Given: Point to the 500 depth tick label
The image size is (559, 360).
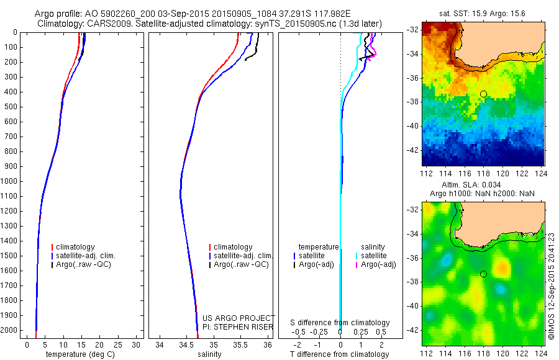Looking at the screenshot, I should [11, 107].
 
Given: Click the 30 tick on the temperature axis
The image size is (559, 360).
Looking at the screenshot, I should [136, 344].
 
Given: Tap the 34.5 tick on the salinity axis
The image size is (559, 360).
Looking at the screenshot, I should [186, 344].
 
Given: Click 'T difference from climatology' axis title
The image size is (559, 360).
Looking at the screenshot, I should [339, 354].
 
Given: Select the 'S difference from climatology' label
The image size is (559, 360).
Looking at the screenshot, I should [340, 323].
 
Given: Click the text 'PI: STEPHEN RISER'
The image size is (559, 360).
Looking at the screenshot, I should [237, 327].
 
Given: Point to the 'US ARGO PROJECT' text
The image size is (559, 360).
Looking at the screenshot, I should [238, 318].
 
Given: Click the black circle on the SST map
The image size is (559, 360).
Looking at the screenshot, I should [483, 94].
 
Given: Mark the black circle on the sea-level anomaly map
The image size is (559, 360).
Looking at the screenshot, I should [483, 274].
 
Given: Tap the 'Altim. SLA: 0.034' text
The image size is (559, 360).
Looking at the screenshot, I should [483, 185].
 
